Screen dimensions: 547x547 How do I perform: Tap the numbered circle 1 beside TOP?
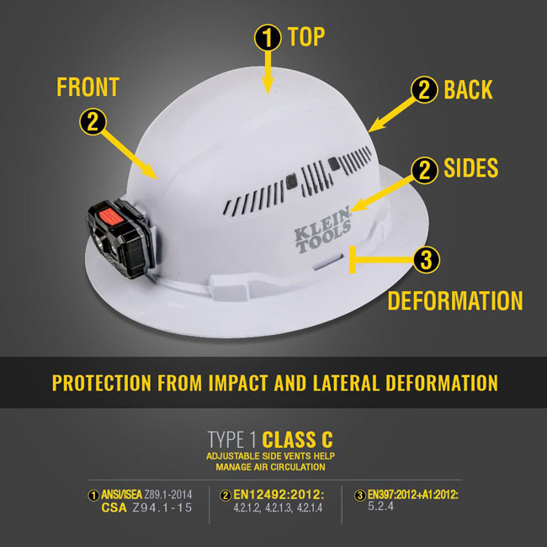pos(267,37)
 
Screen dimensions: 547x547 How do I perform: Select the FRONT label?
pos(87,87)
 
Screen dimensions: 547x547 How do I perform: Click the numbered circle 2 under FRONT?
pos(93,122)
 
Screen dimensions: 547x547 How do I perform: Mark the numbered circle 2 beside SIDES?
pos(424,171)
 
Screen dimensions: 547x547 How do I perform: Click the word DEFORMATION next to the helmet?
pos(454,300)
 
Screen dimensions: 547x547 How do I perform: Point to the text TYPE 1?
pos(232,439)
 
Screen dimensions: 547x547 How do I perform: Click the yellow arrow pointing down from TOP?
pos(268,71)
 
